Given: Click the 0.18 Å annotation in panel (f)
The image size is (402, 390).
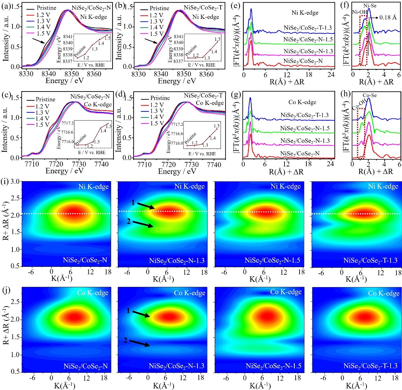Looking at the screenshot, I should click(x=388, y=18).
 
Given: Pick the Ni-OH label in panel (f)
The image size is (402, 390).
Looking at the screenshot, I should click(x=359, y=12).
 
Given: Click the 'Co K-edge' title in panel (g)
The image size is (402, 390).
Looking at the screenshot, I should click(x=302, y=102).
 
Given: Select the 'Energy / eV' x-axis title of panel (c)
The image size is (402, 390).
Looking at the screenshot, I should click(x=64, y=171).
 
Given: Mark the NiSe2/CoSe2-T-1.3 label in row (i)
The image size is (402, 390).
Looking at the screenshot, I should click(x=370, y=261).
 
